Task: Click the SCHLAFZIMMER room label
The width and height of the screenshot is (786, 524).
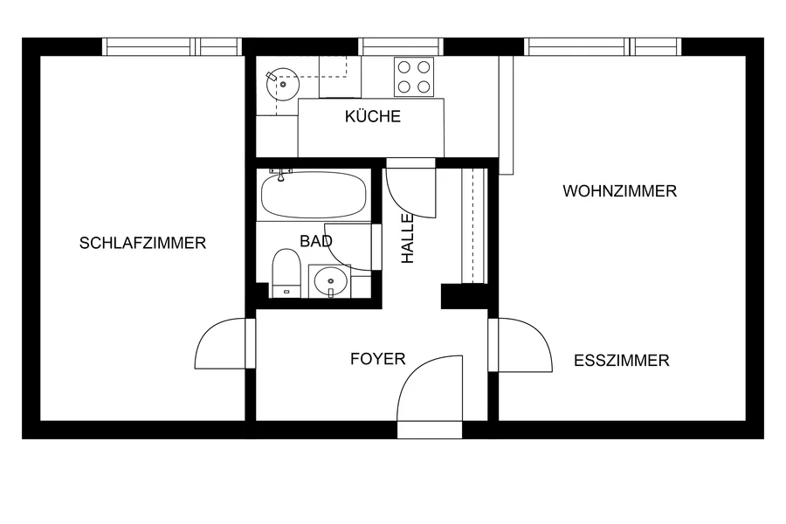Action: point(143,243)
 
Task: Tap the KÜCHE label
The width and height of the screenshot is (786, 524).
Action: point(373,116)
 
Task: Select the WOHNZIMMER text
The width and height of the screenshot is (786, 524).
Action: point(619,191)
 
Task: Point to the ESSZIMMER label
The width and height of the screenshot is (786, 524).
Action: point(622,361)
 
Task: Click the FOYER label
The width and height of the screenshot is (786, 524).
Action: point(378,359)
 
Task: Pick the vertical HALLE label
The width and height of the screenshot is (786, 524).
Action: point(408,238)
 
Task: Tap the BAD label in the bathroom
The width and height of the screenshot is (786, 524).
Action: point(316,241)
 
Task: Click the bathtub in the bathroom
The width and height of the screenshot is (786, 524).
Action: point(314,195)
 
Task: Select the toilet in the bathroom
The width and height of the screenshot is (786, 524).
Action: point(286,273)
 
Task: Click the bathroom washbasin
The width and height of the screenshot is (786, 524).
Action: point(330,281)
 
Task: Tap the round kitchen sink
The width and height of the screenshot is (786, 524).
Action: point(283,84)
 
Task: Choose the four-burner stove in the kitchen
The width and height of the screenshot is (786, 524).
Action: point(414,77)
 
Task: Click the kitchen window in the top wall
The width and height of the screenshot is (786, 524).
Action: point(401,46)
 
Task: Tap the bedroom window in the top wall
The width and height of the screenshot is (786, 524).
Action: point(172,46)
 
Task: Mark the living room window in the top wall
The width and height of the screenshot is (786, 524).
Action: point(603,46)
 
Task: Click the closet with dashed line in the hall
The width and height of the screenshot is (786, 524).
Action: point(474,225)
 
